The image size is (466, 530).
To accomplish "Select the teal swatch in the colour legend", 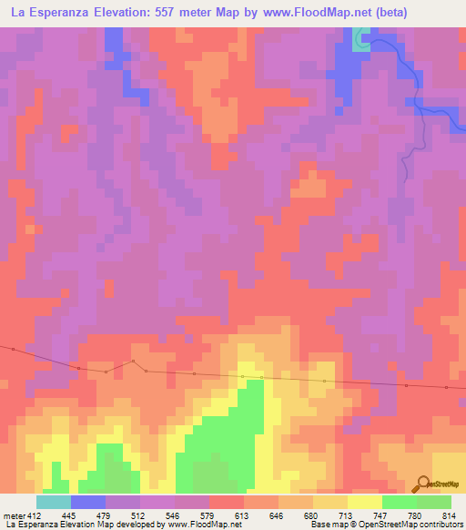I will click(54, 502).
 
